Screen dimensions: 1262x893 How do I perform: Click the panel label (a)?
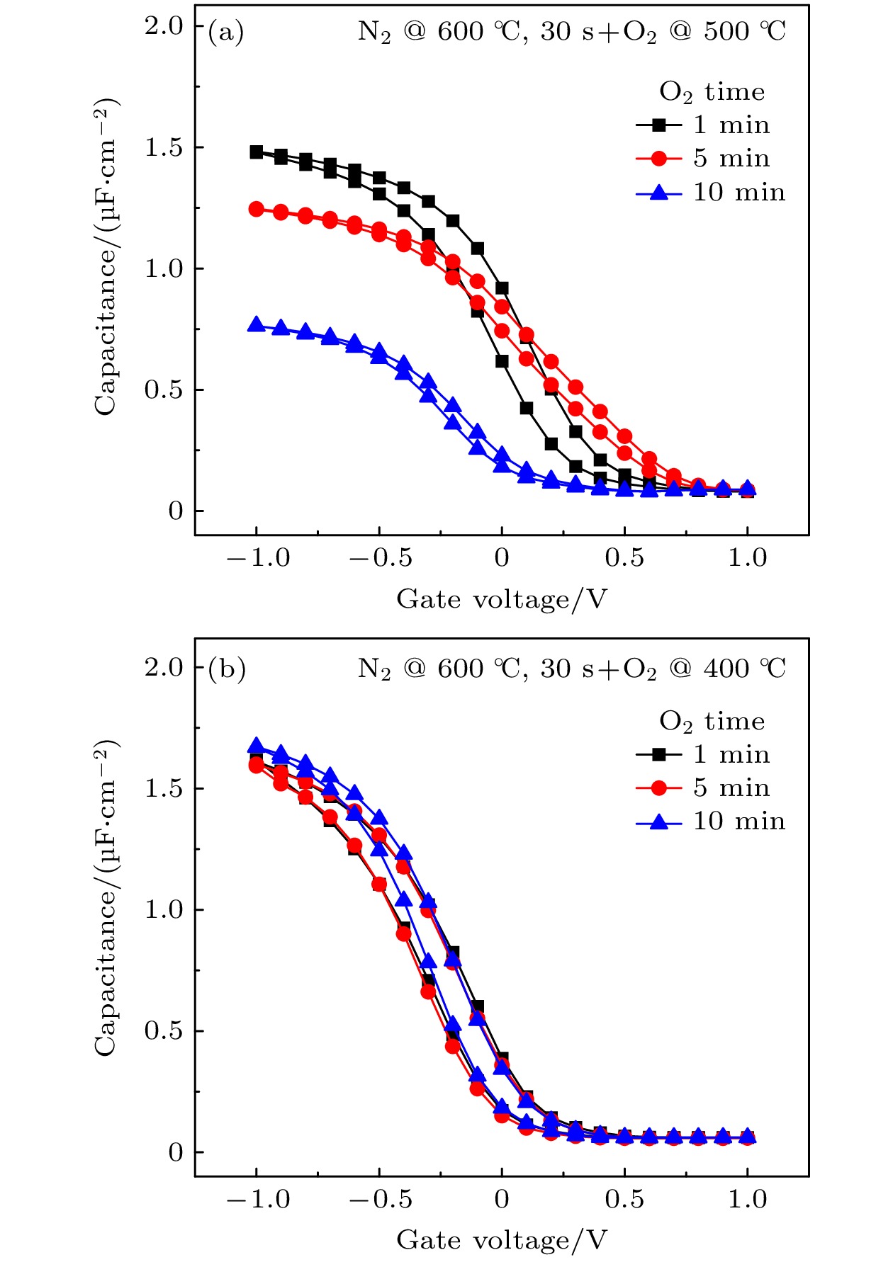coord(225,33)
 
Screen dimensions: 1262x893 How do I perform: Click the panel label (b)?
coord(226,669)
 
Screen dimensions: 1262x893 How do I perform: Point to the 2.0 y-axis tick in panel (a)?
coord(164,26)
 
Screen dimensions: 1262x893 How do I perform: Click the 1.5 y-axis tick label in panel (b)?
coord(164,789)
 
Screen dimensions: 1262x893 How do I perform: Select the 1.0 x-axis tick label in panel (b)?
coord(747,1200)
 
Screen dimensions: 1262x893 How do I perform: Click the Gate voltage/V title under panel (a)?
coord(502,600)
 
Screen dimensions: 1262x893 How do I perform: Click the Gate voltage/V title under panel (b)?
coord(502,1240)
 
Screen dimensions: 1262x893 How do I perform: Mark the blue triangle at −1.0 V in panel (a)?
coord(257,325)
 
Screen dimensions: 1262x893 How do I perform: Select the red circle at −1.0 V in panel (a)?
coord(257,209)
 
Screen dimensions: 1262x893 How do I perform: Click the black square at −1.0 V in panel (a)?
coord(257,152)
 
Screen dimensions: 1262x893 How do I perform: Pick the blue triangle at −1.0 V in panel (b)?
coord(257,746)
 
